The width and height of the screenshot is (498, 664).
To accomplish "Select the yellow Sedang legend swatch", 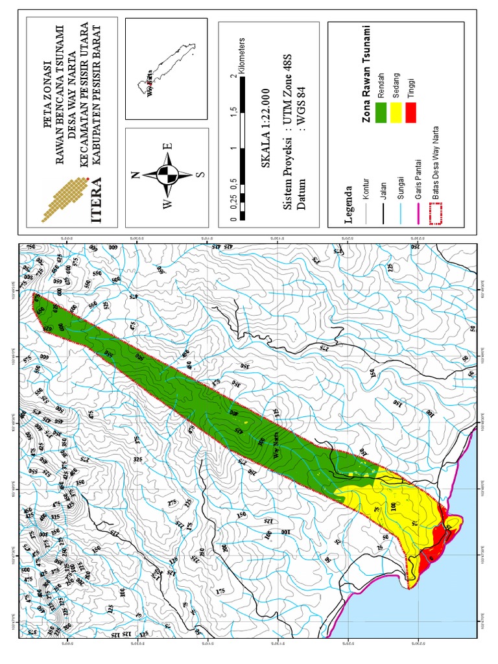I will tap(396, 113).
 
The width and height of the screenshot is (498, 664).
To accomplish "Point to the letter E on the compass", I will tap(167, 147).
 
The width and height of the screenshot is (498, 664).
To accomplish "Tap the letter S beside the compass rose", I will tap(200, 174).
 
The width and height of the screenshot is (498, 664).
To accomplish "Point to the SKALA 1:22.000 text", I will tap(265, 136).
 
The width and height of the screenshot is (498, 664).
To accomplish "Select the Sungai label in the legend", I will tap(401, 187).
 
